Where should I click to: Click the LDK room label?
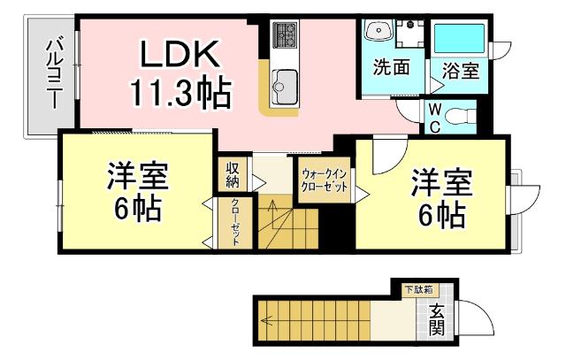[177, 56]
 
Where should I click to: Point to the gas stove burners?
[286, 34]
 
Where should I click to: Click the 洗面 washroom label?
[390, 68]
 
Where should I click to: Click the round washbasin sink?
[379, 30]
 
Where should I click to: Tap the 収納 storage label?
[233, 175]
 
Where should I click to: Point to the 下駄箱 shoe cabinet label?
[419, 288]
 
